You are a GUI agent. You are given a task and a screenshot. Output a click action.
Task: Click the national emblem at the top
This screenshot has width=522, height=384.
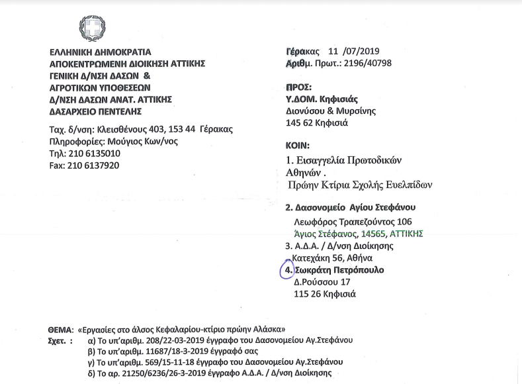(93, 28)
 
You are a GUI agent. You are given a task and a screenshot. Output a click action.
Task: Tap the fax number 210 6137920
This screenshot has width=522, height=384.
(79, 165)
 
